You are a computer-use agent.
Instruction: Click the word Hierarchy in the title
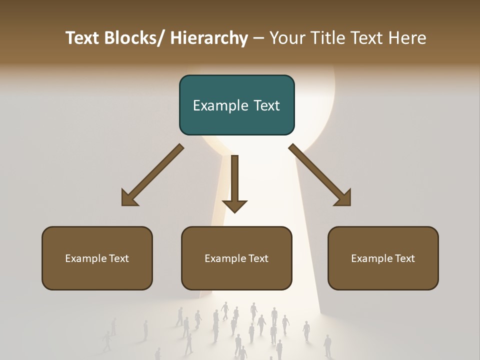209,38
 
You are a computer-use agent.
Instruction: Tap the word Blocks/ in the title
134,38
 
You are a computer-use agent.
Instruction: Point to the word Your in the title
286,38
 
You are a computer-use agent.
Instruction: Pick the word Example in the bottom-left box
86,258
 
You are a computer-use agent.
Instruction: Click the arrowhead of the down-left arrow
130,198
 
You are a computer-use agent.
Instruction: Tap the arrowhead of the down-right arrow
342,198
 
